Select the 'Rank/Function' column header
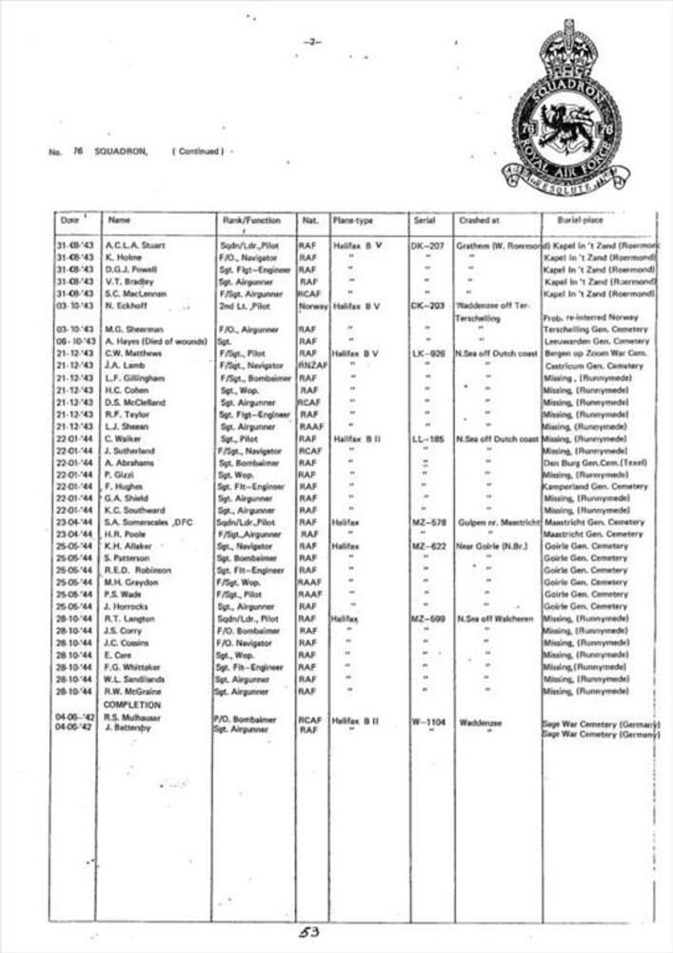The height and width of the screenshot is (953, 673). point(251,220)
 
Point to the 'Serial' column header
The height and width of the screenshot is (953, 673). point(425,220)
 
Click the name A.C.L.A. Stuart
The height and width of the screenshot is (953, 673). point(135,246)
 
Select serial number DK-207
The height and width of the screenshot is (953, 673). point(428,246)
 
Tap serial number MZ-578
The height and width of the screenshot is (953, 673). point(428,522)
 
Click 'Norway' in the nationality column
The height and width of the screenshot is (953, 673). point(311,306)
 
